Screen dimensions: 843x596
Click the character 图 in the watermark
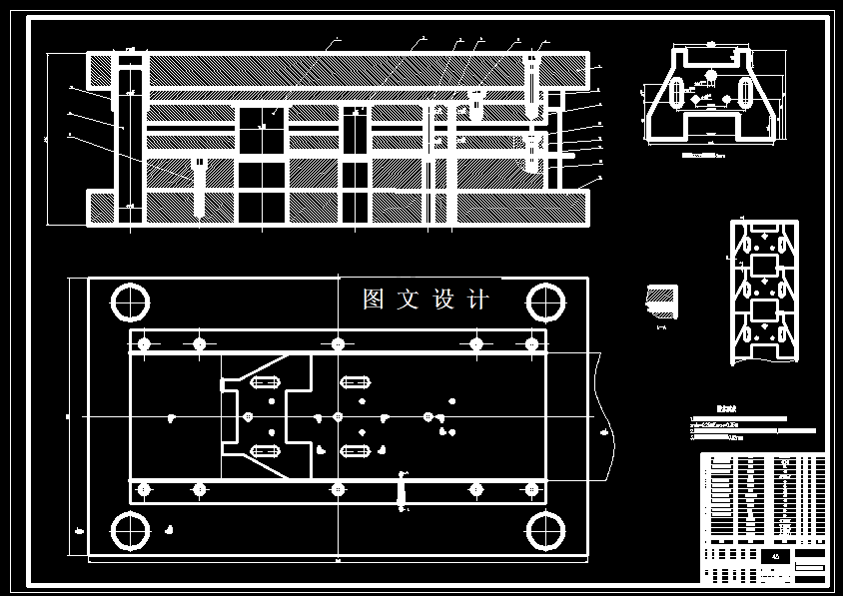375,299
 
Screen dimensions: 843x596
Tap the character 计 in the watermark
478,299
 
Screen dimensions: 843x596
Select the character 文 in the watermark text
409,299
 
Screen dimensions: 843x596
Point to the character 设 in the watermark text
443,299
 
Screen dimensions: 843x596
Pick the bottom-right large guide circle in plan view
545,531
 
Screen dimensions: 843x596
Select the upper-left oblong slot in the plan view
267,382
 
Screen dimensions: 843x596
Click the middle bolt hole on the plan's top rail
338,343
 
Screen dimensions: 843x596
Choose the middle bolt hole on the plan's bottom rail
338,489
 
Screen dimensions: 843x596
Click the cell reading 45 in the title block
776,556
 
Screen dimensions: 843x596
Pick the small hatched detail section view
662,299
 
